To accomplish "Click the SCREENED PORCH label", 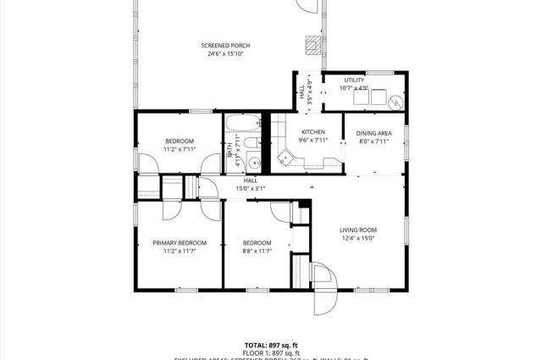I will coord(225,46).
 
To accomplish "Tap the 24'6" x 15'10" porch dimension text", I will coord(225,54).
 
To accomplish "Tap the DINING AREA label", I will coord(373,133).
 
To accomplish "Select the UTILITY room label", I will coord(354,80).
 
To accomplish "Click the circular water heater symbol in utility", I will coord(394,102).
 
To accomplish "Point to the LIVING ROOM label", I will coord(358,230).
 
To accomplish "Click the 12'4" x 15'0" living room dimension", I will coord(358,238).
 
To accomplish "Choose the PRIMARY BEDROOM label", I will coord(180,243).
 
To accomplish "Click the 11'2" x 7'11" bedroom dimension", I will coord(180,149).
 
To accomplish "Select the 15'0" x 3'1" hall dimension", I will coord(251,188).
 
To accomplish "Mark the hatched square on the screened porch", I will coord(314,44).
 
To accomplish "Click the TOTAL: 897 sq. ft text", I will coord(271,345).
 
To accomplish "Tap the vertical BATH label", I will coord(230,151).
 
